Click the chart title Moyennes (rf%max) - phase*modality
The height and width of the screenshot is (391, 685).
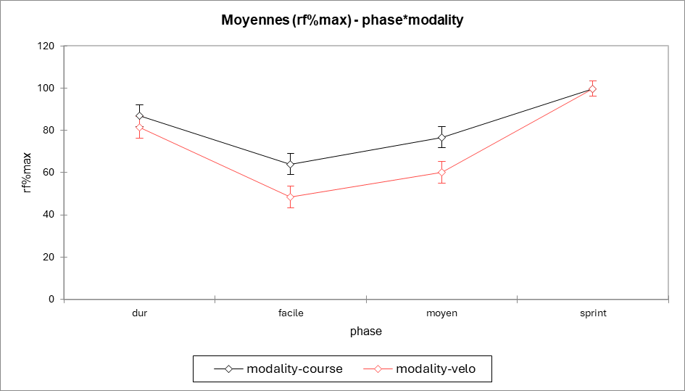(342, 20)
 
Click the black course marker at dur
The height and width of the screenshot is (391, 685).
(140, 116)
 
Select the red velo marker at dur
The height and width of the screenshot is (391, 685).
(140, 128)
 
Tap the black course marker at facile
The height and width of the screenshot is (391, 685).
(291, 165)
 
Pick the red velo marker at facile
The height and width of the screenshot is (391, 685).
(291, 197)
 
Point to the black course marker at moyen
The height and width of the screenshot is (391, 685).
(441, 138)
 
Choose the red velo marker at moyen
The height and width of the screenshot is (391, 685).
(441, 173)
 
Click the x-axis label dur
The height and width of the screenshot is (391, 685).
(140, 313)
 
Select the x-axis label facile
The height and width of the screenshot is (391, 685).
(291, 313)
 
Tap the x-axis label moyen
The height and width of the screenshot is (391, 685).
(441, 313)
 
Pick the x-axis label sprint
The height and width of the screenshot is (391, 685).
(592, 313)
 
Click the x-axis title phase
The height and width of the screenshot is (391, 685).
(365, 332)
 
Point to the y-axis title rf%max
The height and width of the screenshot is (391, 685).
(28, 173)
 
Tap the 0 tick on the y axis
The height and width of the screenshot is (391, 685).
(51, 299)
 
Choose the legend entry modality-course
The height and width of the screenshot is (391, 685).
(294, 369)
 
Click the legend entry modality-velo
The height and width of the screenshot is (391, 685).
(436, 369)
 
